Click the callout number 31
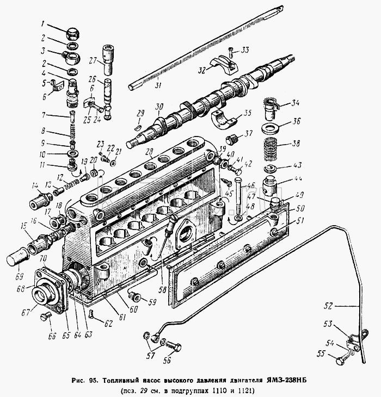click(158, 85)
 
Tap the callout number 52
click(328, 306)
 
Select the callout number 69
click(19, 276)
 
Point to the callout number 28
click(149, 151)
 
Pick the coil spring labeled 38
click(270, 150)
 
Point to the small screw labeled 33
click(231, 52)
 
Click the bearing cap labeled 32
click(225, 65)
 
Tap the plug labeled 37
click(231, 140)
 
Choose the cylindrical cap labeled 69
click(17, 258)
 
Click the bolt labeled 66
click(46, 316)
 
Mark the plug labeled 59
click(134, 296)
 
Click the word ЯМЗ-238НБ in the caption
click(286, 380)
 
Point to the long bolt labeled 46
click(238, 195)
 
